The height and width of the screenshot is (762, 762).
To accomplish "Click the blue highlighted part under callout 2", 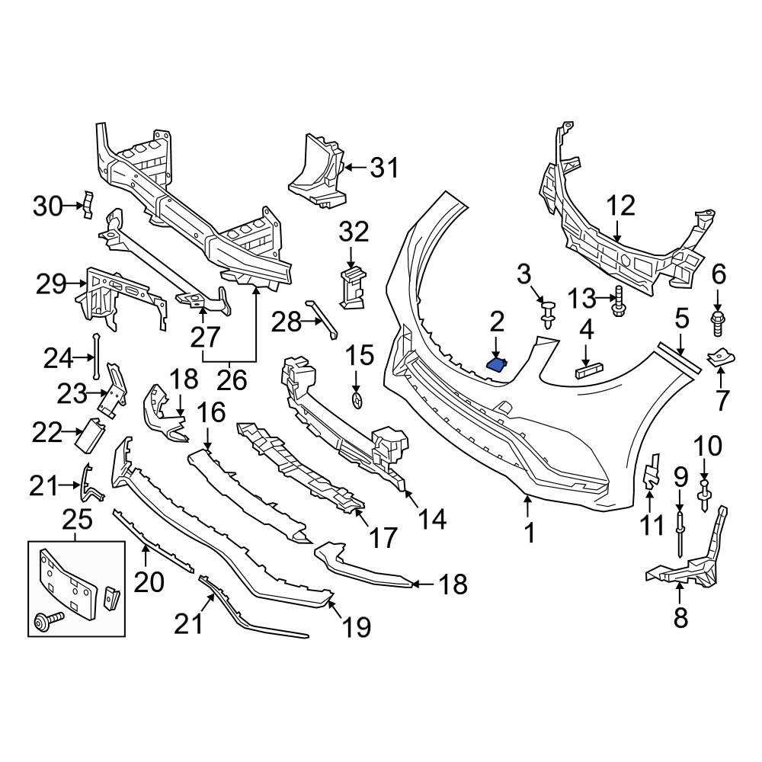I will tap(498, 365).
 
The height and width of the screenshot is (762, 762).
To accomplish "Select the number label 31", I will tap(384, 167).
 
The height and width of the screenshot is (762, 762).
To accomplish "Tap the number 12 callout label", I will tap(620, 205).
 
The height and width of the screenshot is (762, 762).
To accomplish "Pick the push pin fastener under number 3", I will tap(546, 313).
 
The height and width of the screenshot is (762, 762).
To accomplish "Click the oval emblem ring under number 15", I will tap(356, 402).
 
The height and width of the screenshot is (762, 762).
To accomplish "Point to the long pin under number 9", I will tap(678, 533).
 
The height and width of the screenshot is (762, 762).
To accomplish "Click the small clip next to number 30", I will tap(88, 204).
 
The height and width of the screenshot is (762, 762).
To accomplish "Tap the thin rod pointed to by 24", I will tap(96, 357).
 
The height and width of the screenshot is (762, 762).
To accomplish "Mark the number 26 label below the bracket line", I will tap(232, 379).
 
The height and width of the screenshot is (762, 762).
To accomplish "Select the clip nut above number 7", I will tap(719, 357).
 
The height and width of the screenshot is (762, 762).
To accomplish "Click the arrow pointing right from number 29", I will tap(78, 286).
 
